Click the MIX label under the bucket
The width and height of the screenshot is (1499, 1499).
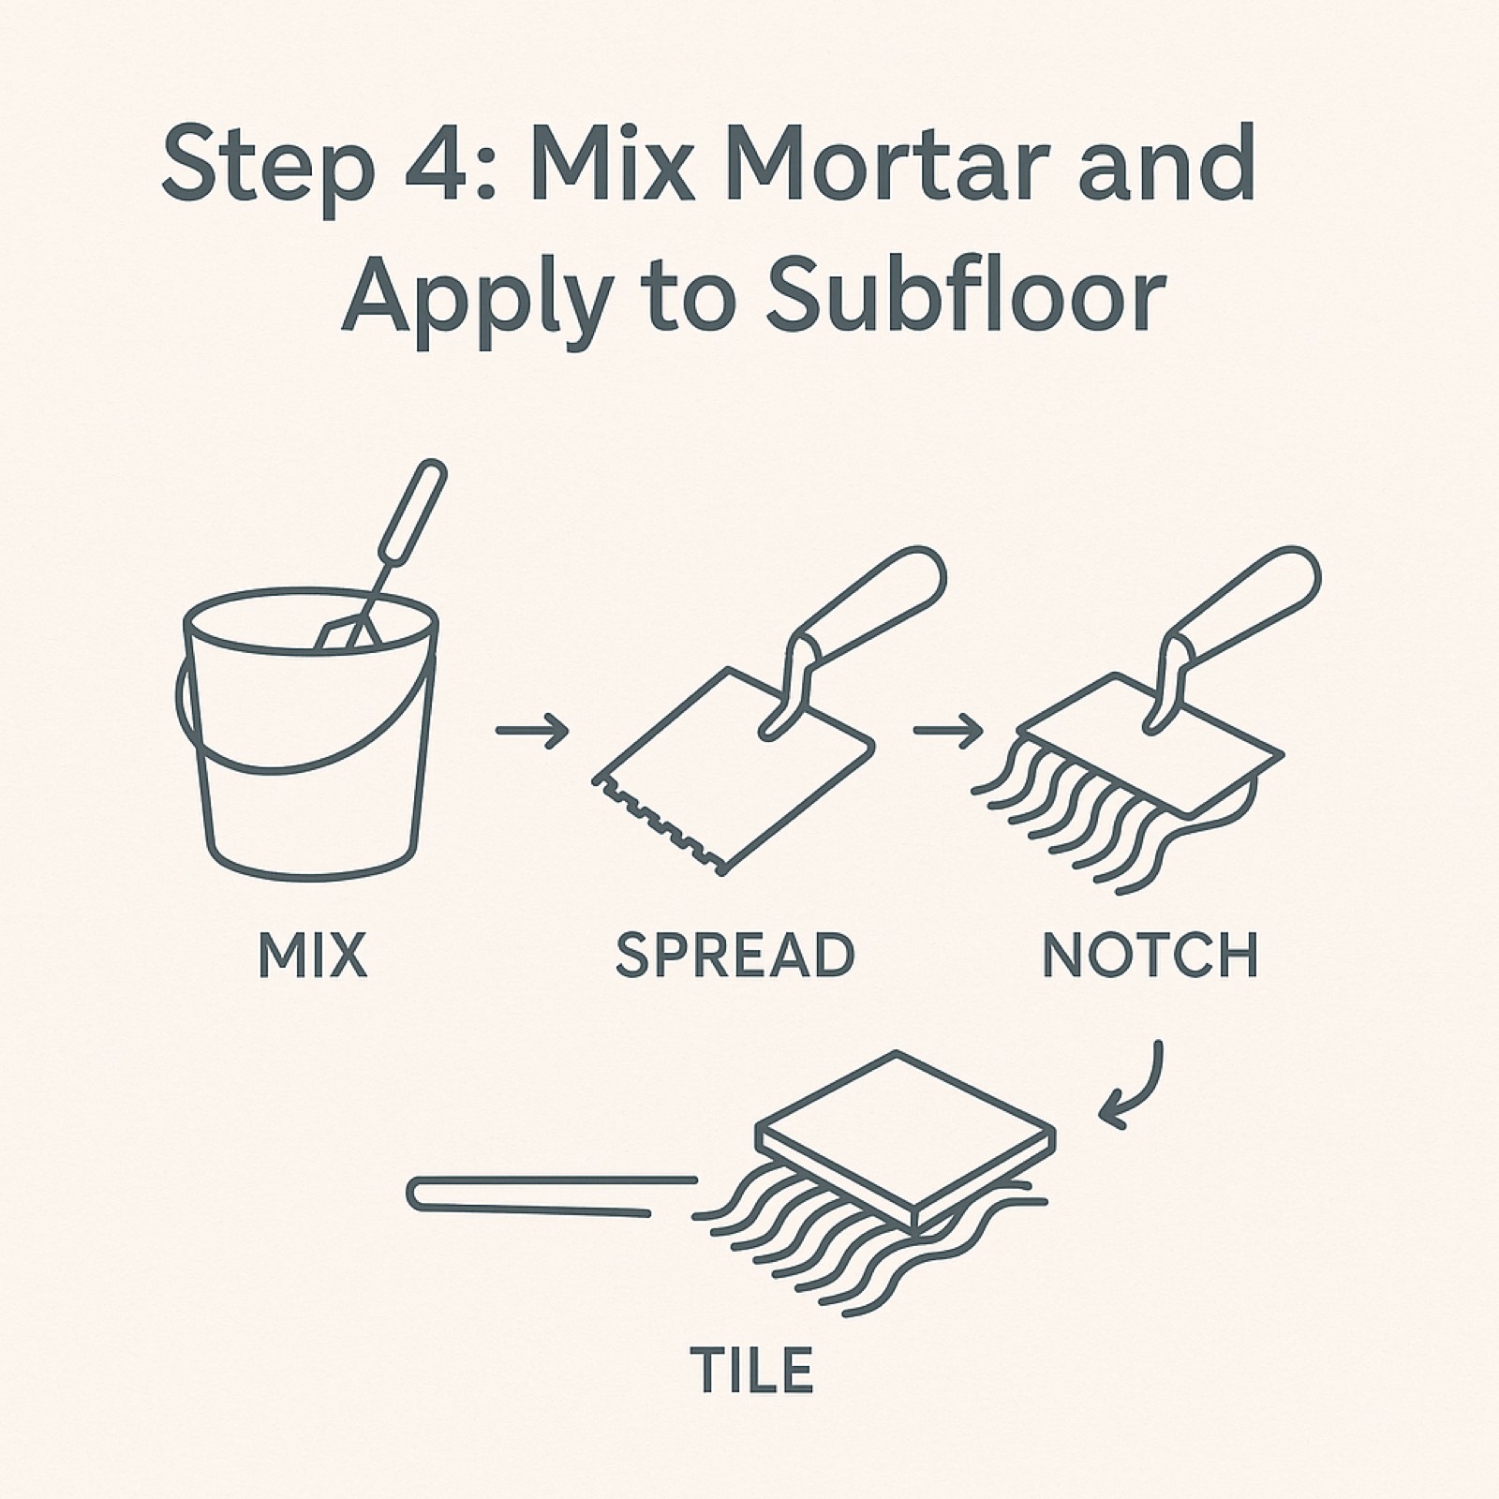[x=312, y=955]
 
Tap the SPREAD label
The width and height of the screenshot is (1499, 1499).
[x=735, y=955]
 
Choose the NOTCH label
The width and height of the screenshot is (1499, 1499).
[x=1150, y=955]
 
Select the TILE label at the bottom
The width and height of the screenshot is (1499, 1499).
[x=751, y=1371]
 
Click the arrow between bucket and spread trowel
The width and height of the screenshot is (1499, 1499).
[x=532, y=730]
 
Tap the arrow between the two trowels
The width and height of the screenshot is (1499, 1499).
[x=947, y=730]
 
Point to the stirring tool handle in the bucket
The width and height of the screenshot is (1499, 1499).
[x=412, y=512]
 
